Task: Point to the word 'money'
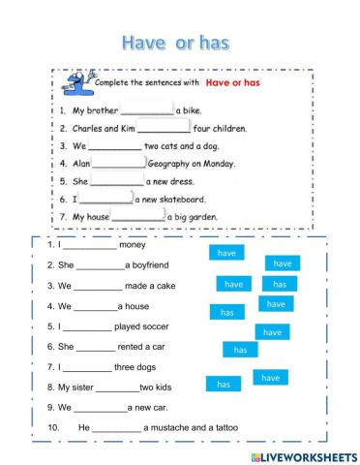[135, 246]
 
